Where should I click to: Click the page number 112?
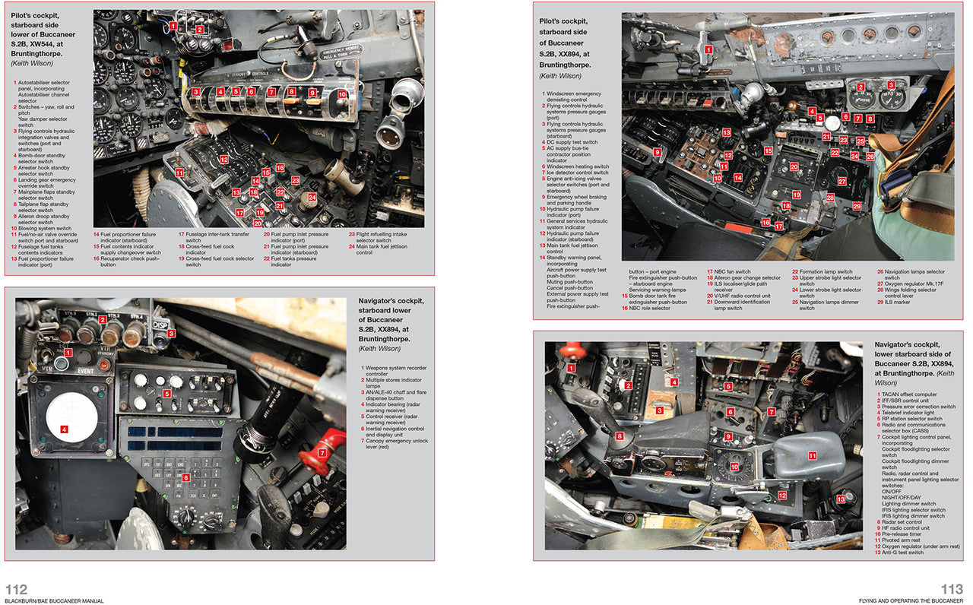[x=17, y=589]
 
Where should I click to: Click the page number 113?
[x=951, y=589]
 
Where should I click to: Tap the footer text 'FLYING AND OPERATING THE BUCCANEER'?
[x=909, y=600]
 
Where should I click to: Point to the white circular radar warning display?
[x=71, y=420]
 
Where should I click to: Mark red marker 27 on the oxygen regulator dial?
[x=841, y=182]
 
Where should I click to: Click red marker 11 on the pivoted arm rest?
[x=812, y=456]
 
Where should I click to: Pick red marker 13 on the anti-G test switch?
[x=840, y=499]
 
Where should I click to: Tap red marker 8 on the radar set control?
[x=620, y=436]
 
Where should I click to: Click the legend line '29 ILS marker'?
[x=895, y=302]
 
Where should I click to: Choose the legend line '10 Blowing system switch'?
[x=43, y=228]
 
